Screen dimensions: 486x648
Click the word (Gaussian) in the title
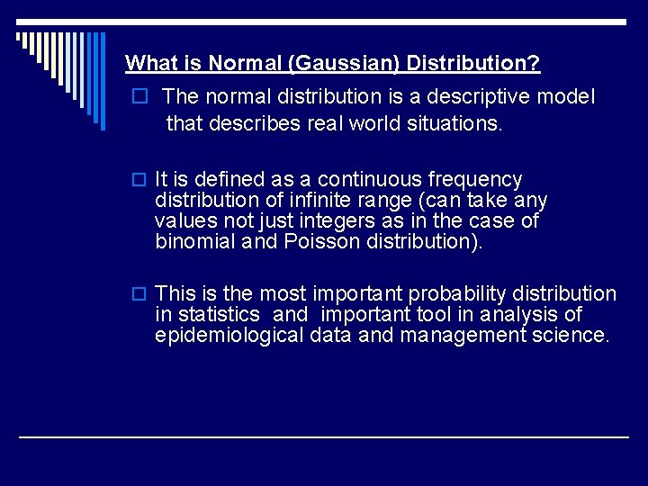click(351, 64)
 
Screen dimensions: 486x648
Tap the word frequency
click(481, 180)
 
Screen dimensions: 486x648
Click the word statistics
click(219, 315)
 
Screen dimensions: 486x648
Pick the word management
click(464, 336)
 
